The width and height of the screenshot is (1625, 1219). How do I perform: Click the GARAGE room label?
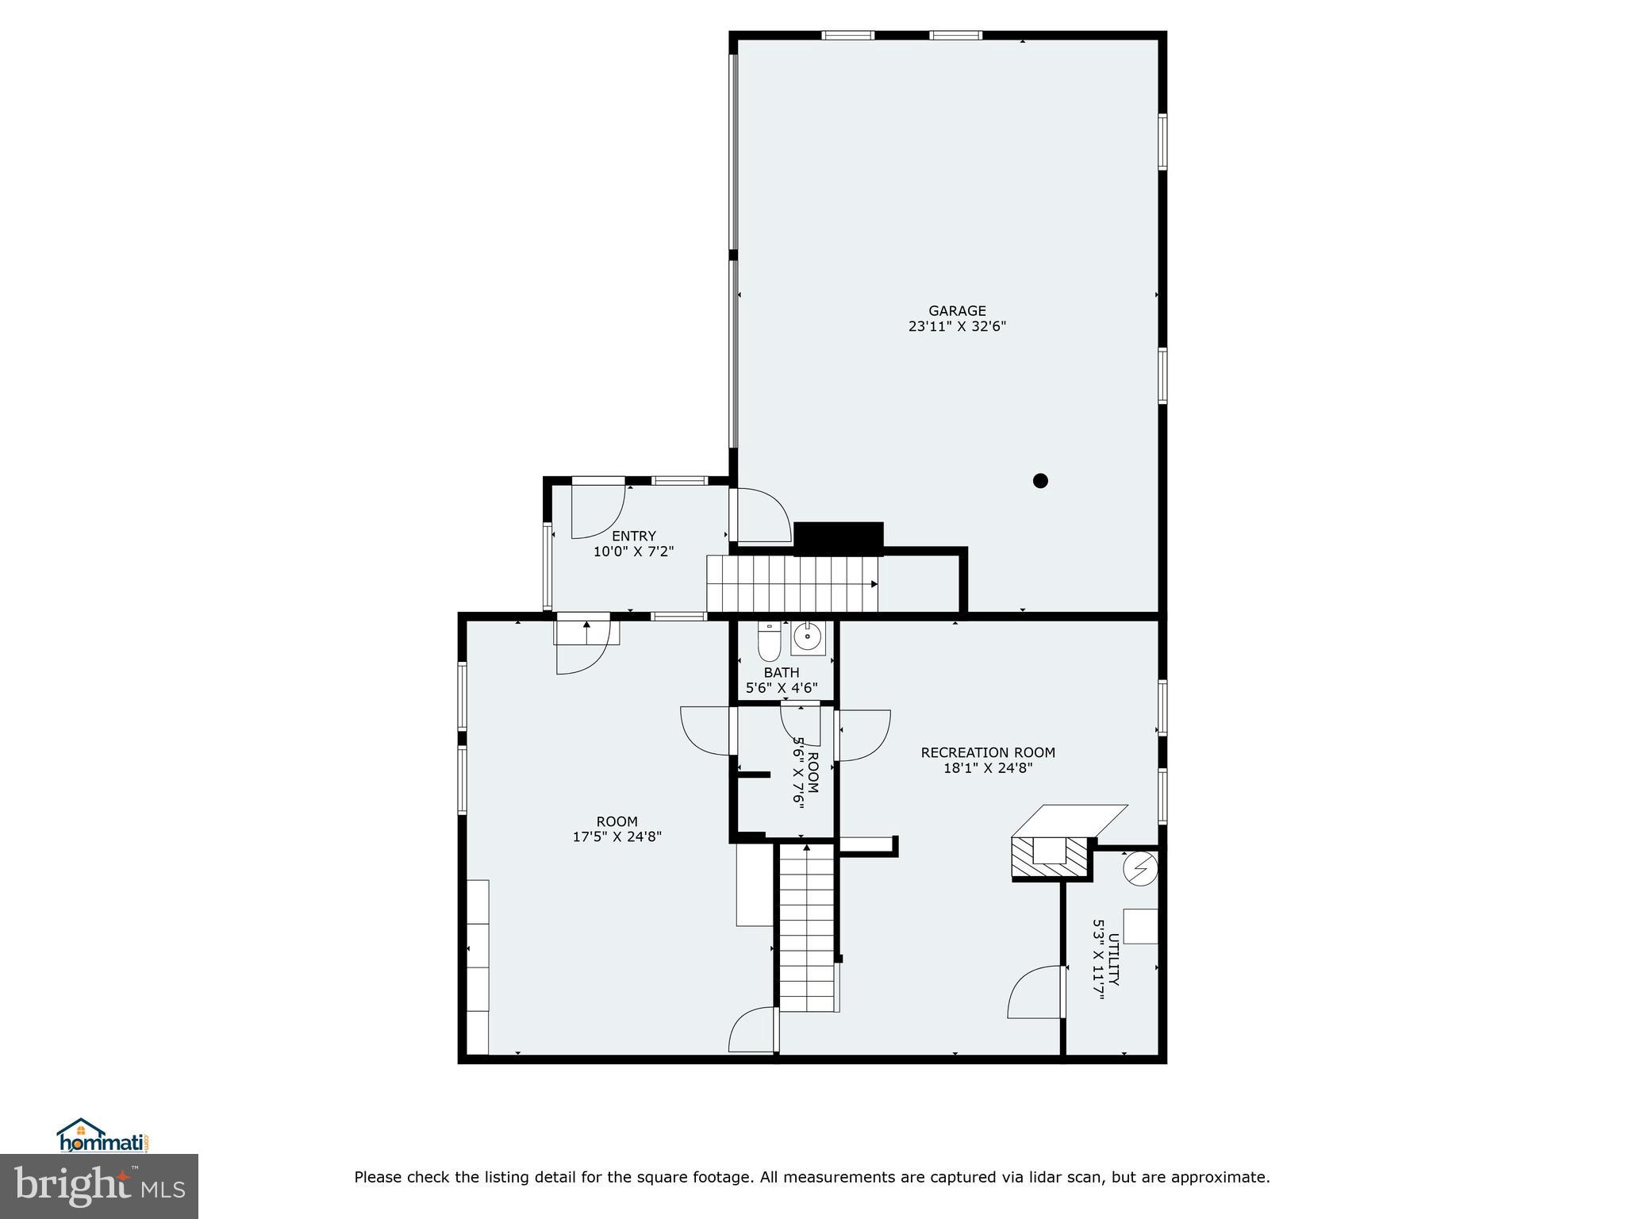coord(957,311)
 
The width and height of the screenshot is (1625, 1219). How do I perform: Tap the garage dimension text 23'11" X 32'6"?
coord(957,326)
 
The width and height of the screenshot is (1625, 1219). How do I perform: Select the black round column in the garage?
coord(1040,480)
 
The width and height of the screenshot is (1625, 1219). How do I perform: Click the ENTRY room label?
coord(633,536)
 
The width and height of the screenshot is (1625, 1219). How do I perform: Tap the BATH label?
coord(782,673)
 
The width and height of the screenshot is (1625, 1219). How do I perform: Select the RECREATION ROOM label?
coord(988,752)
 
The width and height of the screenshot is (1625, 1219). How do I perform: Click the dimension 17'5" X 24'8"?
coord(617,836)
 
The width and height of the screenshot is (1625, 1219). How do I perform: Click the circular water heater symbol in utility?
coord(1140,869)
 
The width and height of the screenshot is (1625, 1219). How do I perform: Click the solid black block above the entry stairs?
coord(838,538)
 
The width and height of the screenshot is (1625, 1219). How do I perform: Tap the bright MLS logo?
coord(99,1186)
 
